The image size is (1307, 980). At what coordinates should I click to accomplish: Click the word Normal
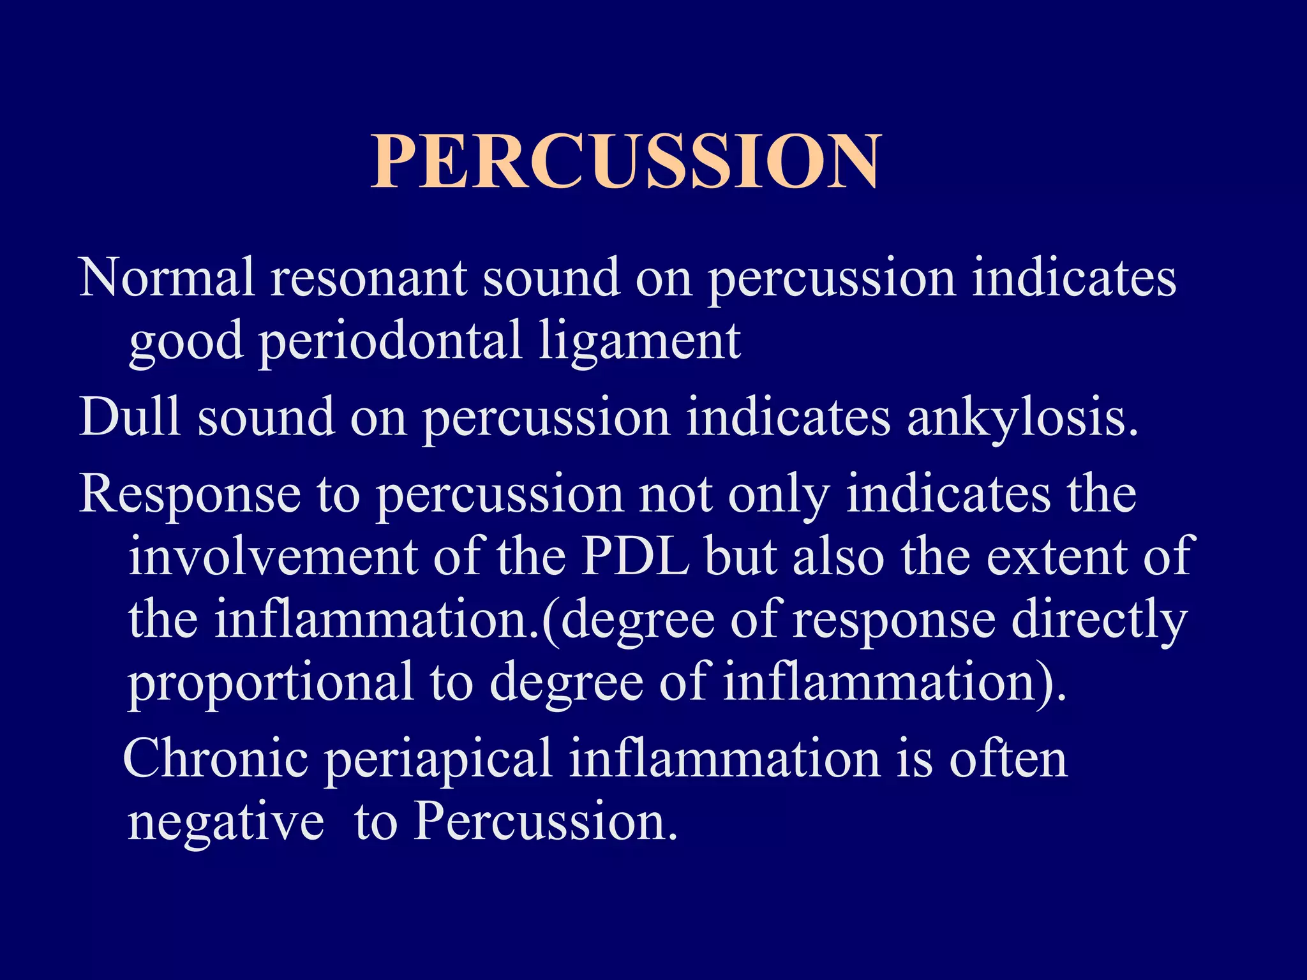[167, 278]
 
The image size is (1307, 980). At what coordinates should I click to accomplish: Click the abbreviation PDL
[636, 556]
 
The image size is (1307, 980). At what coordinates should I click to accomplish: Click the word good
[186, 342]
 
